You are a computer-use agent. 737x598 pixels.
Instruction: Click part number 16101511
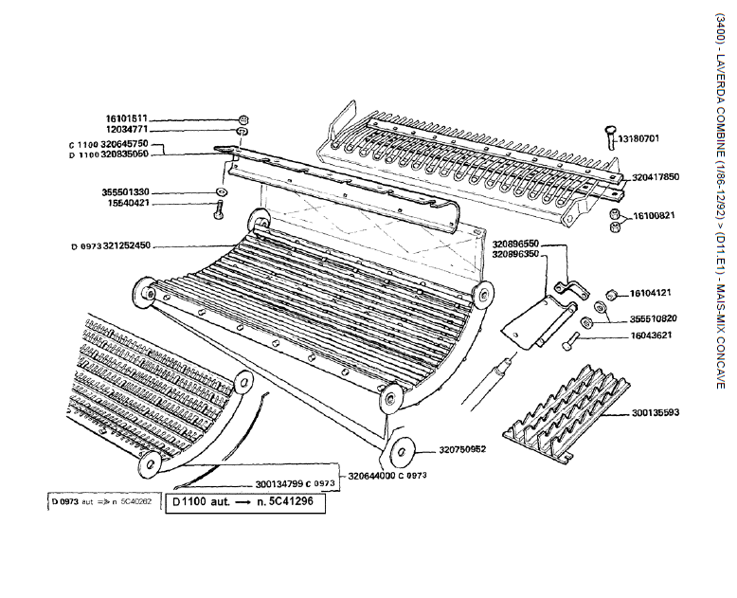click(x=126, y=119)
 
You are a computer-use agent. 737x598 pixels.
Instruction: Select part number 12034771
click(x=126, y=130)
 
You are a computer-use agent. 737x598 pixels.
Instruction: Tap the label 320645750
click(x=124, y=144)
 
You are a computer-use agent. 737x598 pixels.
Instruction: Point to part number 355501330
click(x=126, y=191)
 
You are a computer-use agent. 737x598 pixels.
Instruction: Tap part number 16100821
click(x=654, y=216)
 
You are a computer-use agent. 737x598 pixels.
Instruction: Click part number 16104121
click(x=654, y=293)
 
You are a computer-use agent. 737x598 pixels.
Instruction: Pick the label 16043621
click(x=654, y=335)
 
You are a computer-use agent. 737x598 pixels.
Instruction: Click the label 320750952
click(x=461, y=449)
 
